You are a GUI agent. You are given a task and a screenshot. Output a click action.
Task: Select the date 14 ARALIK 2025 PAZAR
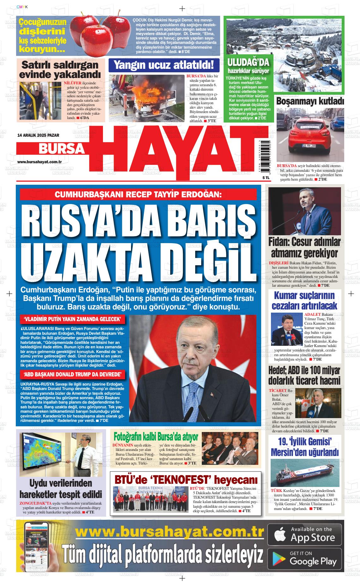click(39, 135)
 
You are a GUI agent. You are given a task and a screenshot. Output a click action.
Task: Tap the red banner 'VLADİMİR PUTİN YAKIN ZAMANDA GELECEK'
click(72, 319)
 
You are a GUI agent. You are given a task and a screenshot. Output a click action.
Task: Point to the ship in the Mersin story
click(303, 476)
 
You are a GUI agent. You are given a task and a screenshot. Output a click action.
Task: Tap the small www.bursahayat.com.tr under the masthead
click(39, 162)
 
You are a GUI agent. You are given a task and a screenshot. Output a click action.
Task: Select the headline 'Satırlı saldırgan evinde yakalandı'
click(60, 70)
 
